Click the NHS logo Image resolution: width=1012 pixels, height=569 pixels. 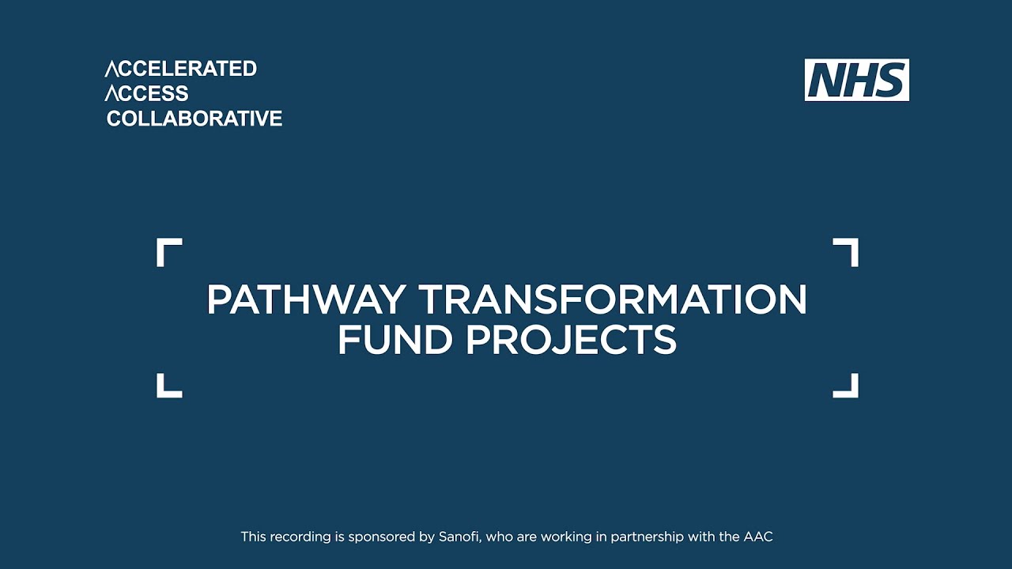click(856, 80)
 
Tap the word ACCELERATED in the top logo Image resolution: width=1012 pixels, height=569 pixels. click(181, 69)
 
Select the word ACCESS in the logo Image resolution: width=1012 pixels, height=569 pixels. click(147, 93)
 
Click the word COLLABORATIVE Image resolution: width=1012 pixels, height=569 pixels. click(194, 119)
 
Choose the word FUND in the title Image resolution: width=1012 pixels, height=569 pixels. click(395, 340)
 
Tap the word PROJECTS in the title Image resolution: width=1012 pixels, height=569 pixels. click(571, 340)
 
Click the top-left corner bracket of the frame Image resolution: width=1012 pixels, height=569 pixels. click(168, 251)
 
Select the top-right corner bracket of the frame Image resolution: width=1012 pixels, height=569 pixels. click(847, 251)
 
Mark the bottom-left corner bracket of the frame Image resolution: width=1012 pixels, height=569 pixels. click(168, 386)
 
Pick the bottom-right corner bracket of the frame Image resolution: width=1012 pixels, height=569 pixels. click(847, 386)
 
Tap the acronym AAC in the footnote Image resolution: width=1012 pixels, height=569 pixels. click(757, 537)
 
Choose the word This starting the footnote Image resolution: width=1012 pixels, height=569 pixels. click(253, 537)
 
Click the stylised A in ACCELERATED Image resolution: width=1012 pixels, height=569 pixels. click(111, 69)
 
